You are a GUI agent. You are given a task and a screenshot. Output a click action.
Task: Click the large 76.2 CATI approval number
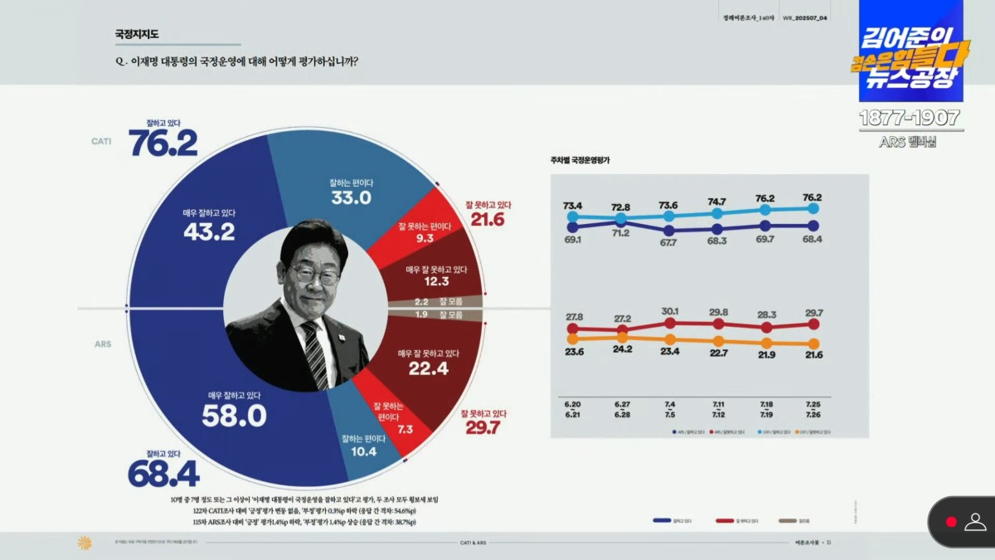(163, 144)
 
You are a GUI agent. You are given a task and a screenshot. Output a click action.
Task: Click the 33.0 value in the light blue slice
(352, 197)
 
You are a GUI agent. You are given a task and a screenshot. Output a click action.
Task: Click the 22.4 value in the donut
(429, 368)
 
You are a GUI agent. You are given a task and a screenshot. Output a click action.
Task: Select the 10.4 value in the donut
(364, 452)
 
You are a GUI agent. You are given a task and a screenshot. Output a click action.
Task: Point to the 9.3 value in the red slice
(425, 239)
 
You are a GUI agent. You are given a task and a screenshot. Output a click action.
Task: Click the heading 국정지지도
(137, 35)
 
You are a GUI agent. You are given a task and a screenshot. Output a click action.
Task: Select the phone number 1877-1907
(910, 118)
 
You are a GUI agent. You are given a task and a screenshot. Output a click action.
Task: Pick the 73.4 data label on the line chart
(573, 206)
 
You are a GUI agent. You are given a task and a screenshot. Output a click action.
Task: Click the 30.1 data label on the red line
(668, 312)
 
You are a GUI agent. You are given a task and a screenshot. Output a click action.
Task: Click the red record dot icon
(951, 522)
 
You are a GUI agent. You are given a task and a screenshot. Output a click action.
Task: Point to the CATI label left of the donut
(101, 142)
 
